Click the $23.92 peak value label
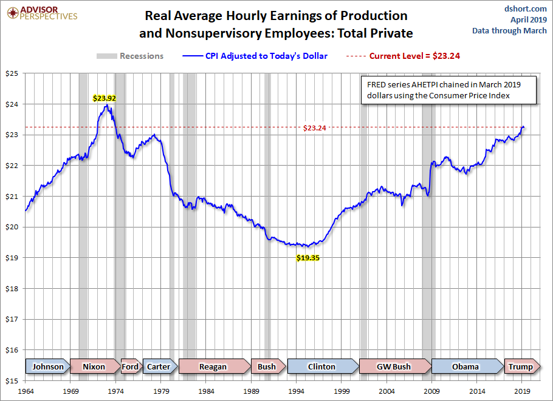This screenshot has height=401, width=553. pyautogui.click(x=105, y=97)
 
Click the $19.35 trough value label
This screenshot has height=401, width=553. pyautogui.click(x=308, y=257)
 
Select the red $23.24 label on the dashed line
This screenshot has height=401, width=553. pyautogui.click(x=314, y=128)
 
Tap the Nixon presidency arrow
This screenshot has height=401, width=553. pyautogui.click(x=94, y=366)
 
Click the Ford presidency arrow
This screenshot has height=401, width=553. pyautogui.click(x=130, y=366)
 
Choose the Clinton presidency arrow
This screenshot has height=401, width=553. pyautogui.click(x=321, y=366)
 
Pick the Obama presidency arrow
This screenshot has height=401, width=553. pyautogui.click(x=465, y=366)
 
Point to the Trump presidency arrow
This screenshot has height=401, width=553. pyautogui.click(x=520, y=366)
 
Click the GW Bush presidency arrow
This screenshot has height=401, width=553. pyautogui.click(x=394, y=366)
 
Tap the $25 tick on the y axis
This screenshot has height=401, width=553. pyautogui.click(x=13, y=73)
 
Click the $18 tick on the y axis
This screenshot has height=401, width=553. pyautogui.click(x=13, y=289)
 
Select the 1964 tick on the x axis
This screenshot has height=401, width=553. pyautogui.click(x=26, y=391)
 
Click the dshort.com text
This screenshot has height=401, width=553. pyautogui.click(x=522, y=8)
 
